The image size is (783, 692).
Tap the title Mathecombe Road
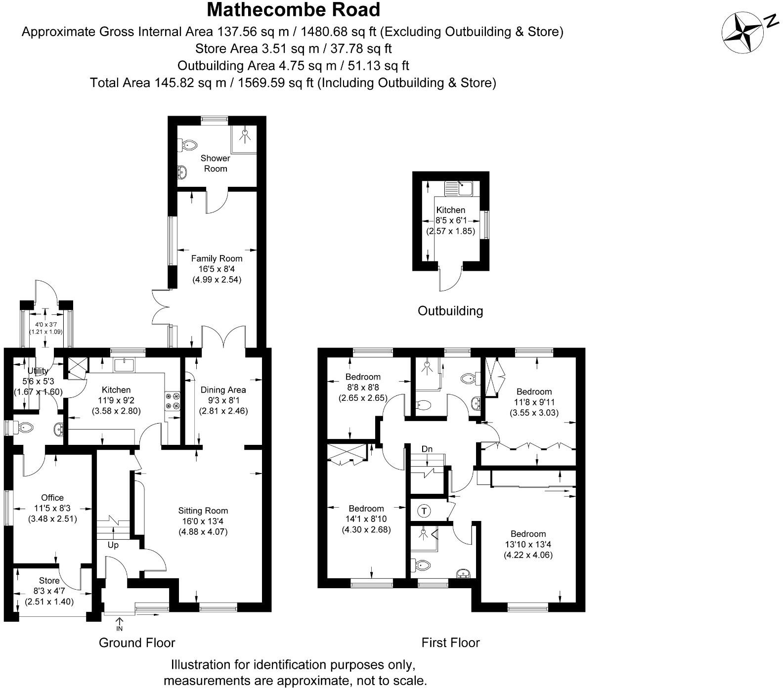(x=294, y=10)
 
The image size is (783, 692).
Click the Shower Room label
(x=216, y=164)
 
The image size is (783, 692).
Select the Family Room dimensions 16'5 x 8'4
(x=217, y=269)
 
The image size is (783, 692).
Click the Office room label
(x=52, y=498)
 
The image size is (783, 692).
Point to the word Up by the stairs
(x=113, y=545)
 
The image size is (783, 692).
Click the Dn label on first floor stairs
(x=427, y=449)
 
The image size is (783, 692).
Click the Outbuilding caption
(x=450, y=311)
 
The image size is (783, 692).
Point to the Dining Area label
(x=223, y=389)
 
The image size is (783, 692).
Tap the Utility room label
(x=38, y=371)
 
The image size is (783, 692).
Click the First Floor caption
(x=450, y=643)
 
